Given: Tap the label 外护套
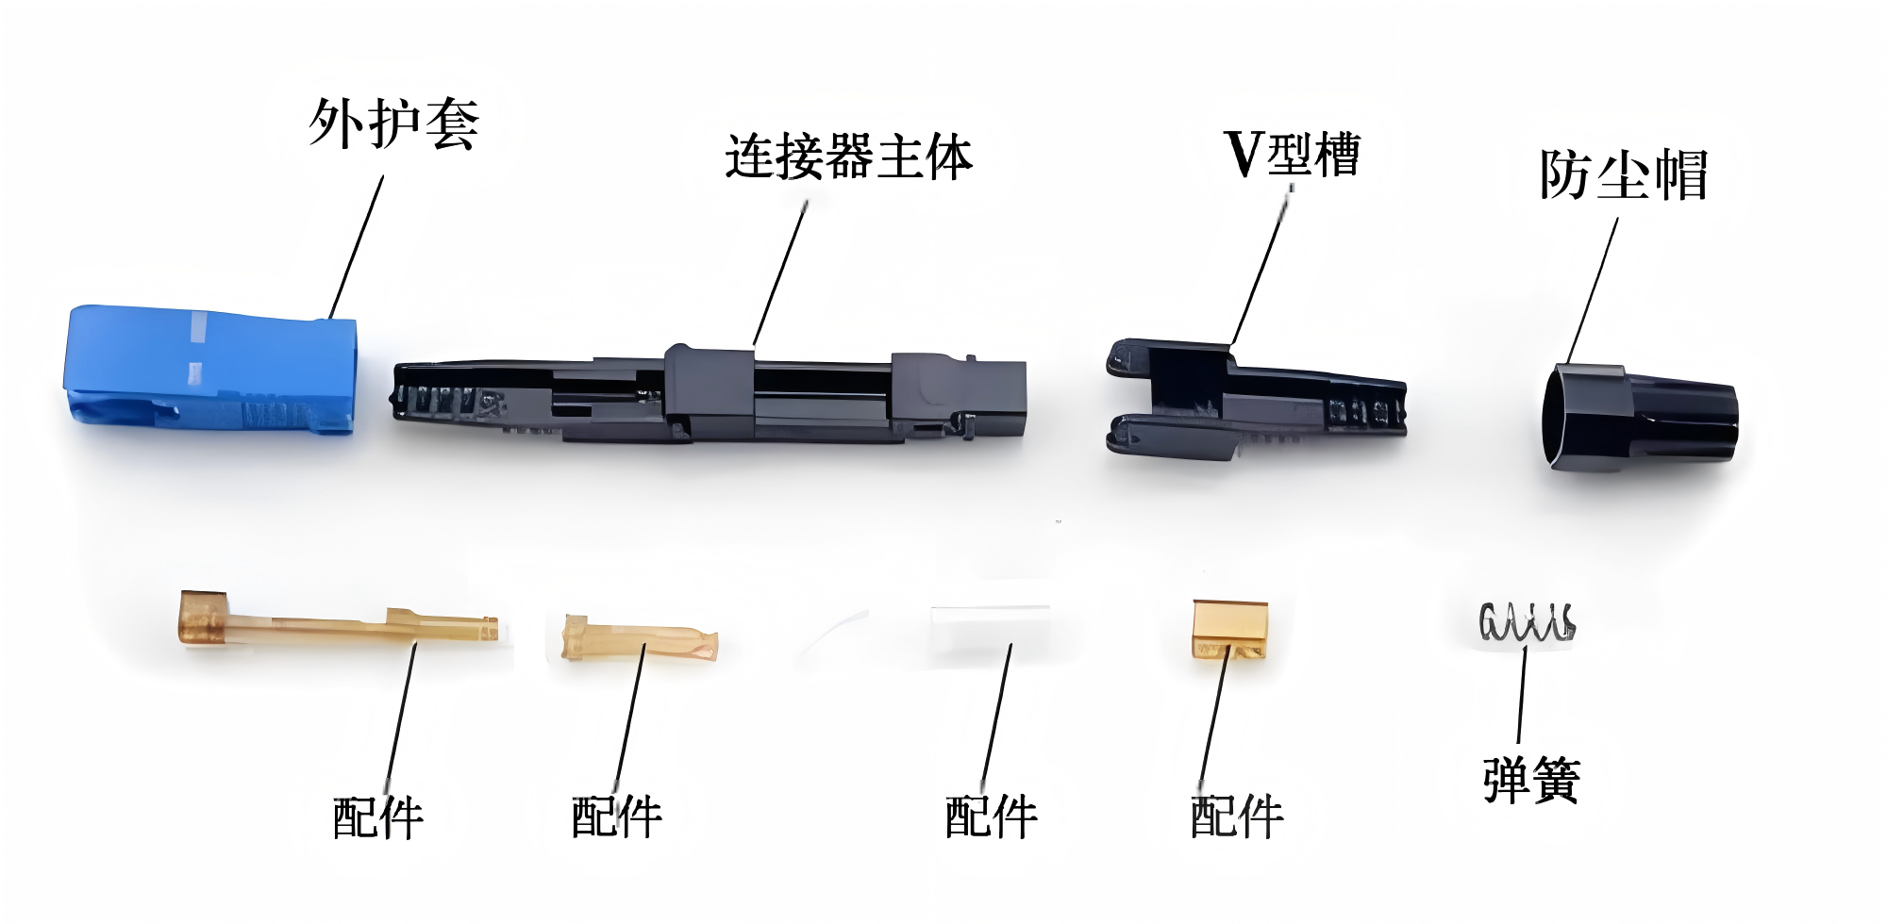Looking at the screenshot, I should [x=394, y=124].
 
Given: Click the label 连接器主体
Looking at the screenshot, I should [x=847, y=157].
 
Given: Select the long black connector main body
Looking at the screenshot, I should [x=708, y=396].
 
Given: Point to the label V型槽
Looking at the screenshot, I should [x=1292, y=154].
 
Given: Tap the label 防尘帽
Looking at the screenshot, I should [x=1623, y=174].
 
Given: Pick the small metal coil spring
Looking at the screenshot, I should [x=1526, y=622].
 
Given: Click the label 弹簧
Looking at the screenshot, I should [x=1530, y=780].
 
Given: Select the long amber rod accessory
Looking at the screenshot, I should [x=330, y=622].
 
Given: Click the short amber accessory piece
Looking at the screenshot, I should [x=639, y=638].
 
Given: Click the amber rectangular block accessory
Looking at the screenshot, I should [x=1228, y=629].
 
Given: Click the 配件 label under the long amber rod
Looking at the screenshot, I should [x=377, y=817].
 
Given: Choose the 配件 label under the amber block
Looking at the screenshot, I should [x=1236, y=817].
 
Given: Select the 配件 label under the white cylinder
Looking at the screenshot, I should [x=991, y=817].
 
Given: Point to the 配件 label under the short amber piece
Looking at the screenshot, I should [x=616, y=817].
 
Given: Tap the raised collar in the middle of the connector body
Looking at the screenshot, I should [x=709, y=391].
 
